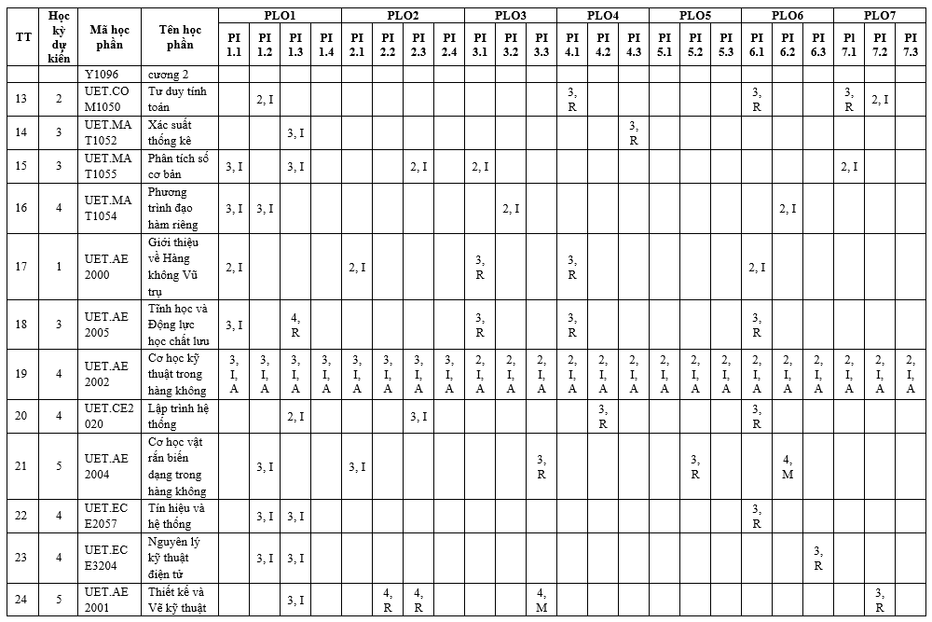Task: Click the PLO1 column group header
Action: [x=280, y=16]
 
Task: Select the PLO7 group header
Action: [x=879, y=16]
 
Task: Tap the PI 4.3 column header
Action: [x=634, y=44]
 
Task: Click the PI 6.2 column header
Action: [x=788, y=44]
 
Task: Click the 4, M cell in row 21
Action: [x=788, y=466]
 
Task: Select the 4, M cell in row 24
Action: [x=541, y=601]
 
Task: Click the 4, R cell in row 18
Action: [x=295, y=325]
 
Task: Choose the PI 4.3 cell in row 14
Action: [x=634, y=132]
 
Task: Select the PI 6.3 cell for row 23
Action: [x=818, y=558]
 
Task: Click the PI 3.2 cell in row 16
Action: [x=511, y=209]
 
